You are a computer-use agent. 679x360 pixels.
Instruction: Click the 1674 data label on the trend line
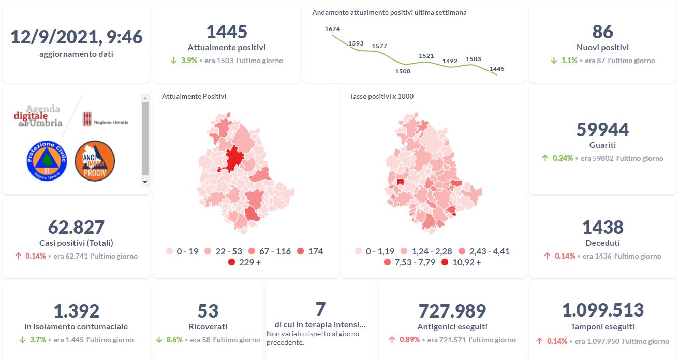click(332, 29)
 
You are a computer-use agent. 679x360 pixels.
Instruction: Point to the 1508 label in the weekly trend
click(403, 71)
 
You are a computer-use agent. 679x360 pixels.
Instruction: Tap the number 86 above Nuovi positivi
click(602, 32)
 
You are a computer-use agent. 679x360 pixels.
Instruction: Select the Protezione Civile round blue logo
click(47, 160)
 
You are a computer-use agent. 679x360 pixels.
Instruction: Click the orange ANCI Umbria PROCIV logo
click(95, 161)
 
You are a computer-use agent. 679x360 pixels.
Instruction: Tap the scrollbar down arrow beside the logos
click(145, 182)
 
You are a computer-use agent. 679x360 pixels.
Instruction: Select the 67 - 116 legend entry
click(269, 251)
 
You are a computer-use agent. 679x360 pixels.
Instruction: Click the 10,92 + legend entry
click(461, 262)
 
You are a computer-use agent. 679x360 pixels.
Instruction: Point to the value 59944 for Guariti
click(602, 129)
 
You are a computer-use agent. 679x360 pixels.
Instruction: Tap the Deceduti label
click(602, 243)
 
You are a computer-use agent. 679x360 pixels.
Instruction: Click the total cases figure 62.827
click(76, 227)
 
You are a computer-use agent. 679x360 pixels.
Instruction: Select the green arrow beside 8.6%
click(159, 340)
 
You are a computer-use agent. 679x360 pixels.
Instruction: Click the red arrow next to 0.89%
click(392, 340)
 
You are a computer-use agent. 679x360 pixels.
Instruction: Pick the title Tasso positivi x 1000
click(381, 96)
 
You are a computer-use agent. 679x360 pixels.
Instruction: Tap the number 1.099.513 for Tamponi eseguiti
click(602, 310)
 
